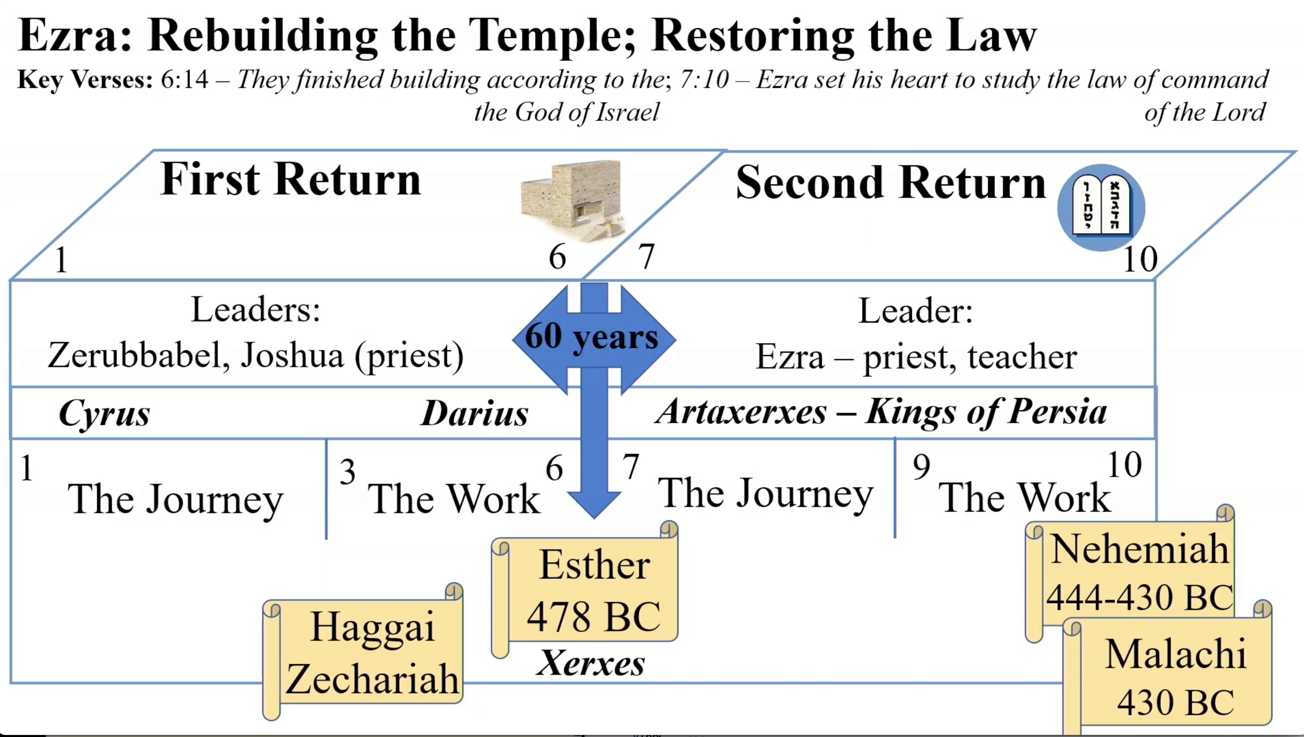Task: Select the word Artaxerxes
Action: point(740,412)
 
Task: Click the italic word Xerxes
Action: point(591,663)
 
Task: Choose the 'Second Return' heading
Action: point(890,182)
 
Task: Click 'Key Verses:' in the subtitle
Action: point(85,80)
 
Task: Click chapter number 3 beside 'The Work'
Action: point(348,472)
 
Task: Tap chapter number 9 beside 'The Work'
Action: point(921,467)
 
